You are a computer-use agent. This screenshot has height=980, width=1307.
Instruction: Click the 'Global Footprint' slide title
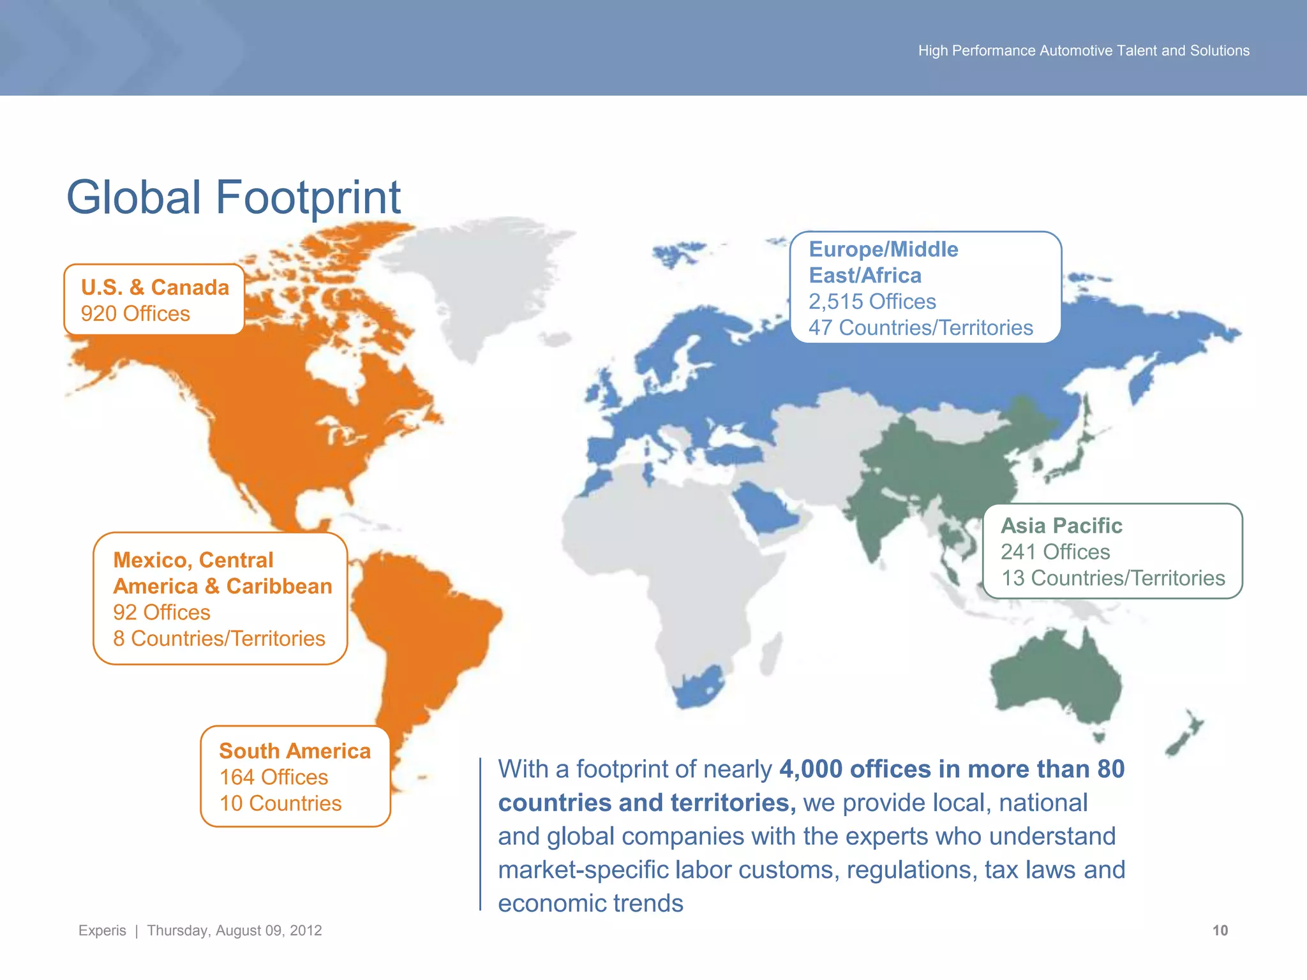(x=234, y=197)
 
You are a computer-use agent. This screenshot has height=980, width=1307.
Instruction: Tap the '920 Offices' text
(x=135, y=314)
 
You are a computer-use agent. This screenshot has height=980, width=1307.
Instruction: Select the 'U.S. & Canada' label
(x=155, y=288)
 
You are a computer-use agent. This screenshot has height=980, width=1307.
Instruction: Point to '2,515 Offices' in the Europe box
(x=872, y=302)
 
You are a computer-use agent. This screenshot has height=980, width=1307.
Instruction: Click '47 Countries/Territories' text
(x=920, y=328)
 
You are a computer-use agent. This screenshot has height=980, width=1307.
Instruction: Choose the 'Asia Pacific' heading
(x=1061, y=526)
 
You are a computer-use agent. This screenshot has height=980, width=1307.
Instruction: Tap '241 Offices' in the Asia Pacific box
(x=1055, y=552)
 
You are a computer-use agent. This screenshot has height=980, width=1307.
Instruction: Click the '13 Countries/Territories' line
(x=1112, y=578)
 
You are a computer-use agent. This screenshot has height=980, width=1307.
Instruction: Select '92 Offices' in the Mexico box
(x=161, y=612)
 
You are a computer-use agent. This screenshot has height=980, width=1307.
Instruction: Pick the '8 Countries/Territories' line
(x=219, y=639)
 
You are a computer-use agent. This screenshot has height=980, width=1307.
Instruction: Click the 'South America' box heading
(x=295, y=751)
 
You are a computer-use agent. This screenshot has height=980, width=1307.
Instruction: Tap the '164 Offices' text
(x=274, y=777)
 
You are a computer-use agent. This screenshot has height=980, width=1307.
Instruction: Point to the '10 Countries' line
(x=280, y=803)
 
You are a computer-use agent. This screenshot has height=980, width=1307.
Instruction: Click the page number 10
(x=1220, y=931)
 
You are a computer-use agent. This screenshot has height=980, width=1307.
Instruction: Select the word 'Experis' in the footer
(x=102, y=931)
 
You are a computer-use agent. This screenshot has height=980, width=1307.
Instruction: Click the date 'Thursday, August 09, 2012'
(x=234, y=931)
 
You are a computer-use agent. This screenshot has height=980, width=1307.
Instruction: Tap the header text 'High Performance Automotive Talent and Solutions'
(x=1084, y=51)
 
